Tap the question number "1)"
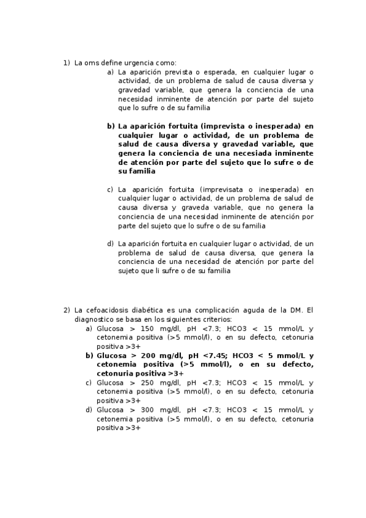67,63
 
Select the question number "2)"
67,310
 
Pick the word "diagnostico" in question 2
95,319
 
